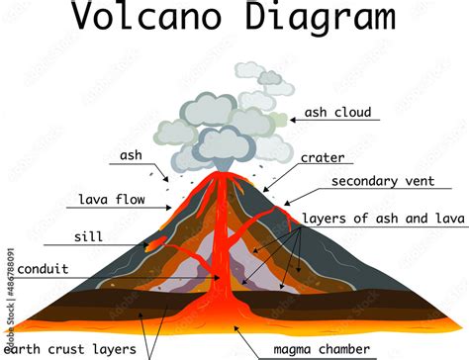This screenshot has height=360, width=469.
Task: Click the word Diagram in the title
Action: pyautogui.click(x=310, y=19)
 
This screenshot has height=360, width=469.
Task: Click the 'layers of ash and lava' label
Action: pyautogui.click(x=384, y=218)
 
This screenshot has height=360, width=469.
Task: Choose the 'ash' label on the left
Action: pyautogui.click(x=131, y=155)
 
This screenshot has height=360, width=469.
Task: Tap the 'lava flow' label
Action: pyautogui.click(x=112, y=200)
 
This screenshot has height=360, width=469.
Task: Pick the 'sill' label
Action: pyautogui.click(x=88, y=237)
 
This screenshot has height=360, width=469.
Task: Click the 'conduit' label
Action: pyautogui.click(x=44, y=267)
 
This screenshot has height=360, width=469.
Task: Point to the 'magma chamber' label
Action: pyautogui.click(x=322, y=349)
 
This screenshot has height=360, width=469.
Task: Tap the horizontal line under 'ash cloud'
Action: pyautogui.click(x=336, y=122)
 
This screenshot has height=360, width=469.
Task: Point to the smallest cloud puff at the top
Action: pyautogui.click(x=269, y=77)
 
